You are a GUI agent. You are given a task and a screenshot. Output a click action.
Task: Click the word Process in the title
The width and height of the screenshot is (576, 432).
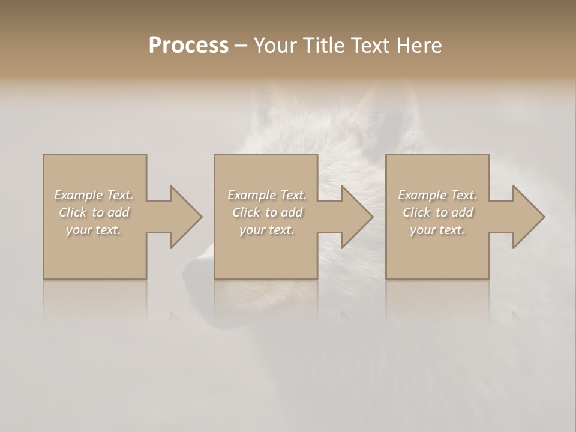click(188, 45)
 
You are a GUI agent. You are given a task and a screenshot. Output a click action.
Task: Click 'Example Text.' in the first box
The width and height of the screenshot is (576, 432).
click(94, 195)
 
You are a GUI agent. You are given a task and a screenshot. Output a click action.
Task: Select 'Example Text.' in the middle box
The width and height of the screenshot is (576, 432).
click(267, 195)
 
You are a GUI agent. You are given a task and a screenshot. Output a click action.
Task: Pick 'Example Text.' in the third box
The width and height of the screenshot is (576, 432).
click(437, 195)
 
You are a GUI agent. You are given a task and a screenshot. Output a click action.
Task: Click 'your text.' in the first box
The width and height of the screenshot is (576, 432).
click(94, 230)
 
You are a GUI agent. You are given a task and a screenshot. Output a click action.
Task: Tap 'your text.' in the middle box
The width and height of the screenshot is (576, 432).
click(267, 230)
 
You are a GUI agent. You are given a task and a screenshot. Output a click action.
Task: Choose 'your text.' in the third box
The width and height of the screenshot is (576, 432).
click(437, 230)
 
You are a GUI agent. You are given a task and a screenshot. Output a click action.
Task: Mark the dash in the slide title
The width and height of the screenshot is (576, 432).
click(241, 46)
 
